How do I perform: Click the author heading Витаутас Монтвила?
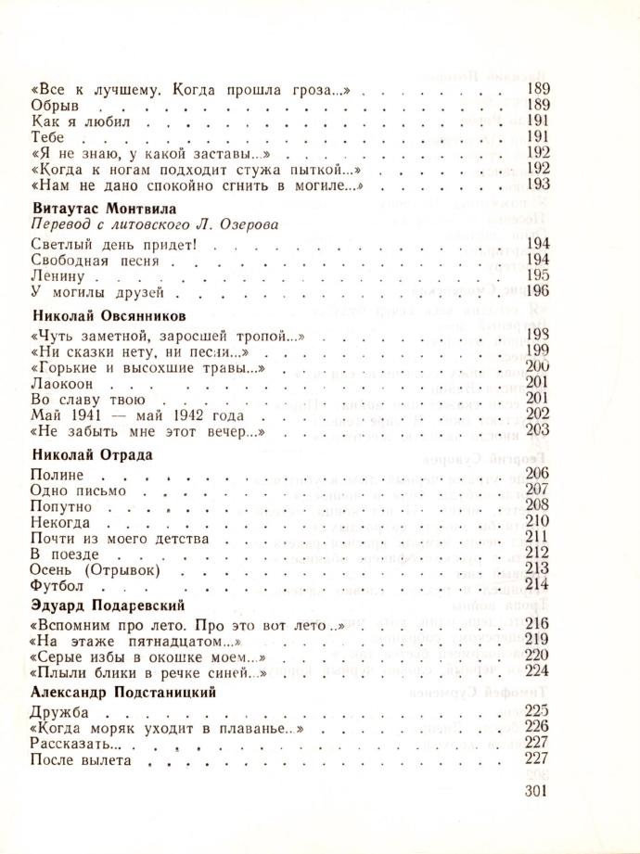click(x=103, y=209)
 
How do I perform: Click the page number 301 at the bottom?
click(x=538, y=791)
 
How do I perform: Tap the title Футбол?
click(x=58, y=586)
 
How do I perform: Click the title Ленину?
click(x=58, y=277)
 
